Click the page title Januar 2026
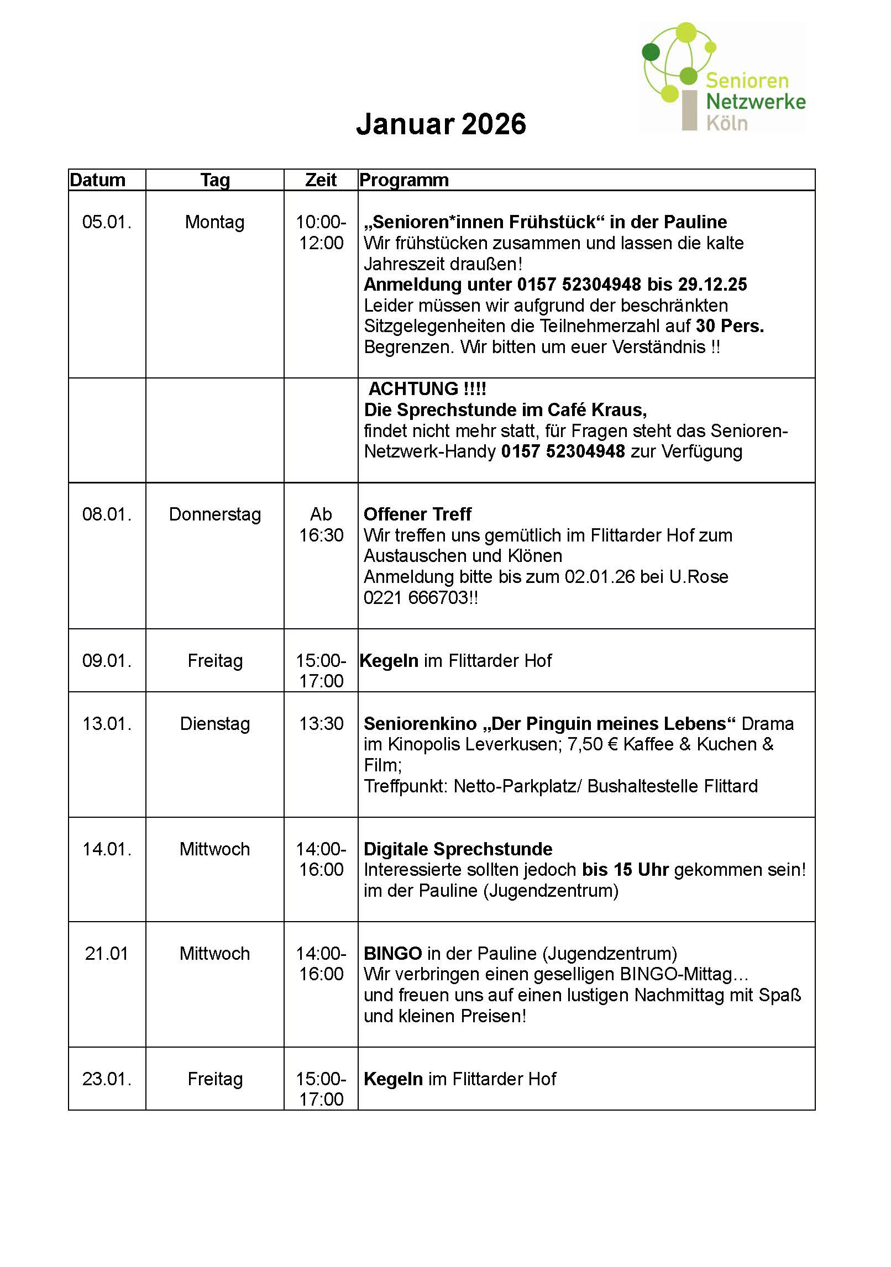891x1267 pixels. [x=441, y=124]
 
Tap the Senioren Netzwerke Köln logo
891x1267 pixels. [x=722, y=78]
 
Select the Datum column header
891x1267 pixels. [x=98, y=180]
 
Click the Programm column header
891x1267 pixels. [x=403, y=180]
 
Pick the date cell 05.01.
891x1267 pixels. [x=107, y=222]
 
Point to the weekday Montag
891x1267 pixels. [x=214, y=222]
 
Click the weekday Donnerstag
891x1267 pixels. [x=214, y=514]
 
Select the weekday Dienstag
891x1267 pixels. [x=214, y=724]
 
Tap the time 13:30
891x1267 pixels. [x=321, y=724]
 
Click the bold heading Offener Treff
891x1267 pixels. [x=417, y=514]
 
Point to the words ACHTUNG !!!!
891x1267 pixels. [x=427, y=389]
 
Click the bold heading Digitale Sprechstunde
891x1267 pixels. [x=458, y=849]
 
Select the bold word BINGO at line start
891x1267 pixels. [x=393, y=954]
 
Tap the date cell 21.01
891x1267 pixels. [x=107, y=954]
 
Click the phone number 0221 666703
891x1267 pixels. [x=416, y=598]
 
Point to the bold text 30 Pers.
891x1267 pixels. [x=730, y=327]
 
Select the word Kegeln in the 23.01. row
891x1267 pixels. [x=393, y=1079]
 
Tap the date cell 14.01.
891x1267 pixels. [x=107, y=849]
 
